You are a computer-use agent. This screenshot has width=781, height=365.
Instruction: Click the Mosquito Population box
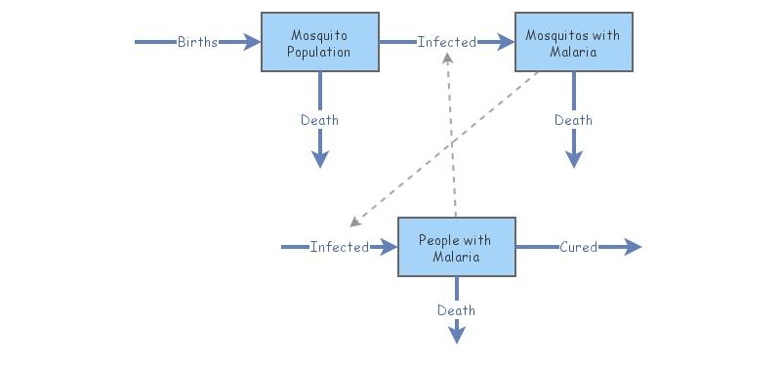(x=319, y=42)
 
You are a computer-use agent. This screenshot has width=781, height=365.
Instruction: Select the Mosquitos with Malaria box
(x=573, y=42)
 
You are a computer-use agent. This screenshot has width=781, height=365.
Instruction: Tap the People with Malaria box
(x=456, y=247)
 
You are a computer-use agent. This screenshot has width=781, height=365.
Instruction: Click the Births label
(x=197, y=42)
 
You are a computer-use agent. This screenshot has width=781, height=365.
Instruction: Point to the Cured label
(x=578, y=247)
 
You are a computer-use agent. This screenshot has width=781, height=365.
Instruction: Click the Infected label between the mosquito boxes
(x=446, y=42)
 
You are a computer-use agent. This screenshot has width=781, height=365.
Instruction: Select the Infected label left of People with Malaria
(x=339, y=247)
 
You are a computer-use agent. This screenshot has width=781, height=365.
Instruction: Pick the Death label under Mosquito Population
(x=319, y=120)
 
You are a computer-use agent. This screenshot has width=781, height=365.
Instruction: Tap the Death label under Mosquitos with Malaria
(x=573, y=120)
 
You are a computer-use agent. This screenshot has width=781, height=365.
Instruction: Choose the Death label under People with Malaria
(x=456, y=310)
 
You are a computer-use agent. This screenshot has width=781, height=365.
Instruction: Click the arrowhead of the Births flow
(x=252, y=42)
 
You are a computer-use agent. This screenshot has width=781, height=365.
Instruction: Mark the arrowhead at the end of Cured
(x=634, y=247)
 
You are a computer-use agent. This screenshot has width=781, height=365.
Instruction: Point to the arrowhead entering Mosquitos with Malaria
(x=506, y=42)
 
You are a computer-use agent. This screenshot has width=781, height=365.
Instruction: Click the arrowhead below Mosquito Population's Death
(x=319, y=159)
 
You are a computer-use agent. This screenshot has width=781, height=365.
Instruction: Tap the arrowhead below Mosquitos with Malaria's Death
(x=573, y=159)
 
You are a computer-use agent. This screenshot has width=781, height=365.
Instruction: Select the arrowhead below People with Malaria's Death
(x=456, y=335)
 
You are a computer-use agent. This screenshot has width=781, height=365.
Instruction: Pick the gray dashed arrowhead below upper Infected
(x=446, y=59)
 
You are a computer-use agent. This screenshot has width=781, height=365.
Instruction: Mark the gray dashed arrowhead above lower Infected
(x=354, y=222)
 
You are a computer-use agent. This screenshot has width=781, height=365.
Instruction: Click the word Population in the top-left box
(x=319, y=52)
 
